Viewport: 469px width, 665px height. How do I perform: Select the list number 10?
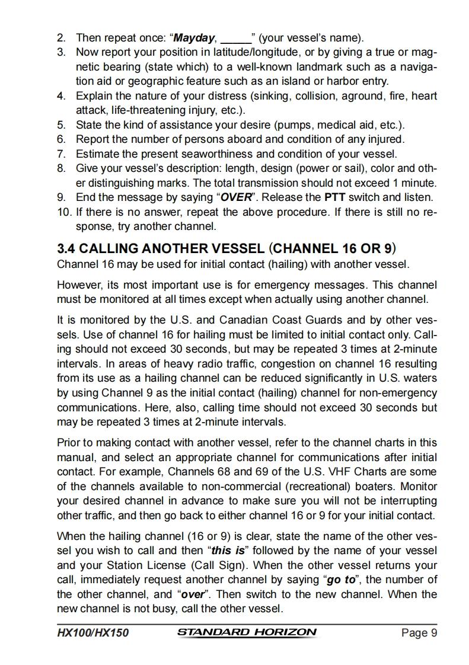(64, 212)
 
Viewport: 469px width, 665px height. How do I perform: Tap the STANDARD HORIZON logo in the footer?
(247, 632)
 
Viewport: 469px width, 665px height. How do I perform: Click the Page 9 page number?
(419, 633)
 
